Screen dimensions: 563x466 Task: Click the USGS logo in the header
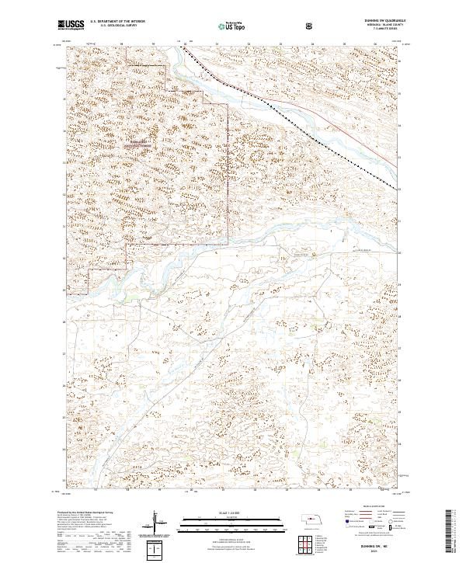[x=71, y=25]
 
